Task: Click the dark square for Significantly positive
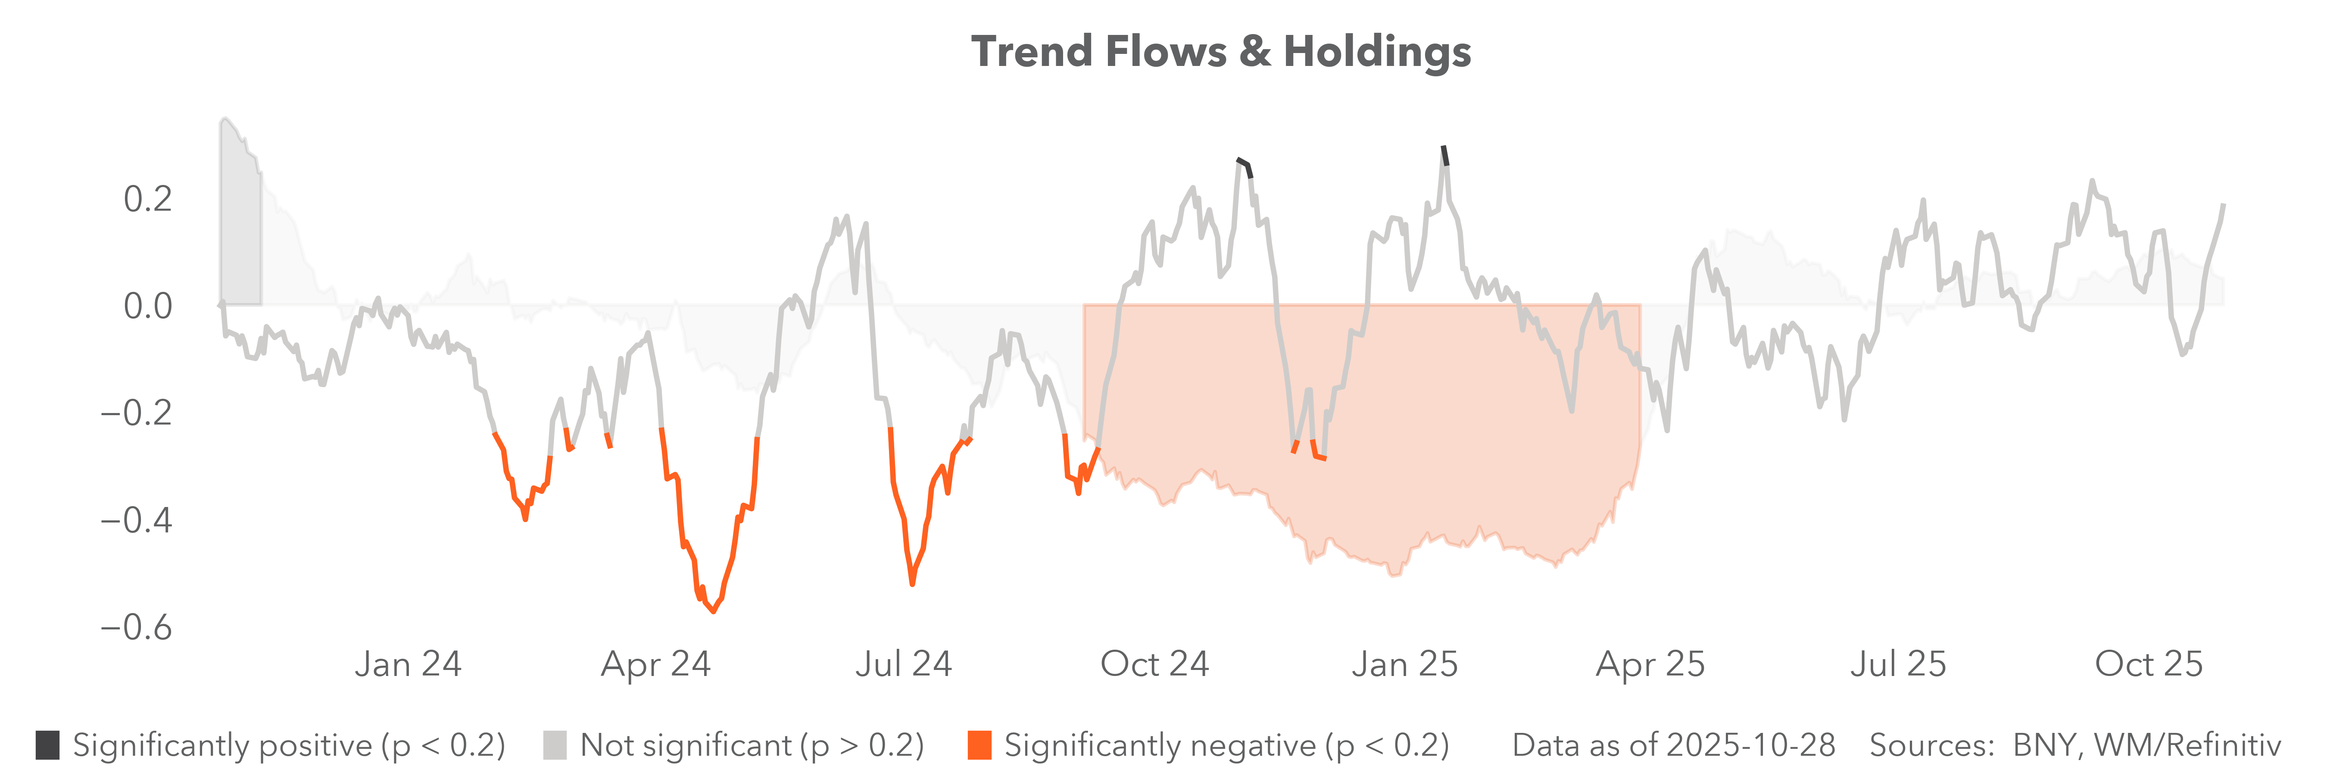click(48, 745)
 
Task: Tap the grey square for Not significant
click(555, 745)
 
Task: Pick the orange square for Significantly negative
click(979, 745)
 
